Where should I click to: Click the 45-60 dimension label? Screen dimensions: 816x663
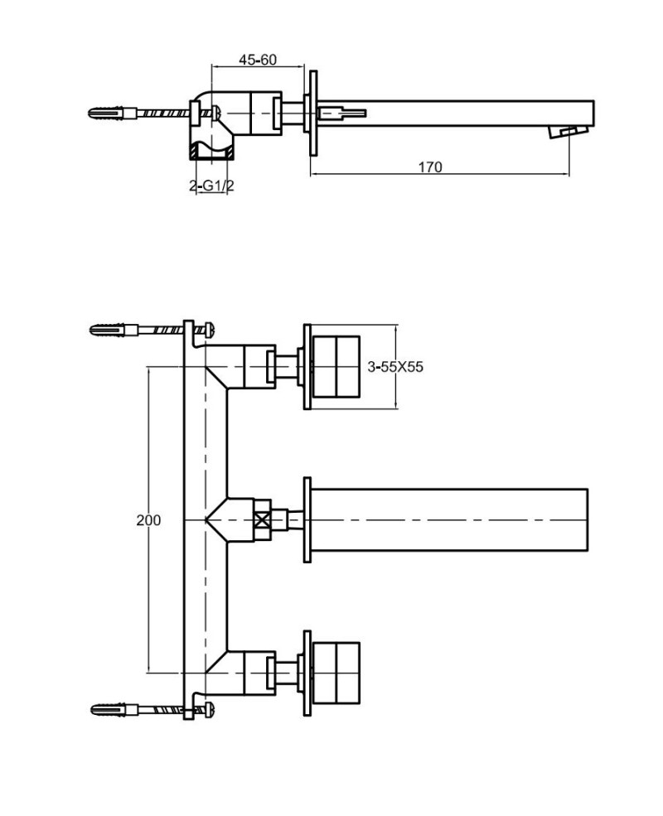pyautogui.click(x=257, y=60)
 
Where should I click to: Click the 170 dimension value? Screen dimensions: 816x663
pyautogui.click(x=429, y=167)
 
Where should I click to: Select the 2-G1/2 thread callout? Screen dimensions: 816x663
pyautogui.click(x=212, y=186)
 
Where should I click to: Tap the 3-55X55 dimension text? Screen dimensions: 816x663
pyautogui.click(x=394, y=367)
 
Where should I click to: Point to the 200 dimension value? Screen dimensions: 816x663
pyautogui.click(x=148, y=520)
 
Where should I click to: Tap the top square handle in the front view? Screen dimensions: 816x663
pyautogui.click(x=336, y=366)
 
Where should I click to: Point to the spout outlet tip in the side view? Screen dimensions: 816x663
pyautogui.click(x=570, y=132)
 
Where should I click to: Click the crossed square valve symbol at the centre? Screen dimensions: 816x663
pyautogui.click(x=263, y=520)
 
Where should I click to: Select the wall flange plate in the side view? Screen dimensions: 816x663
pyautogui.click(x=313, y=113)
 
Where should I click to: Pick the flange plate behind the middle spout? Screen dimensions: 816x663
pyautogui.click(x=307, y=519)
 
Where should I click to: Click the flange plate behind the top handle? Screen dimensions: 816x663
pyautogui.click(x=307, y=366)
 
